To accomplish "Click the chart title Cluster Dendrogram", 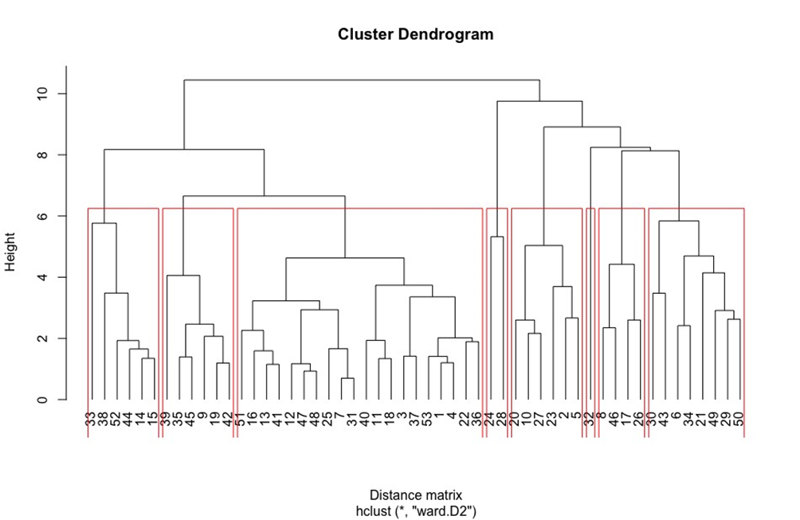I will (x=415, y=34).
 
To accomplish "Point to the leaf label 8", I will (x=602, y=420).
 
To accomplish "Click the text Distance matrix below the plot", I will (x=415, y=495).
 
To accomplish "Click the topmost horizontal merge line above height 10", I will (x=362, y=80).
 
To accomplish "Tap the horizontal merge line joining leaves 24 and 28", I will (x=496, y=237).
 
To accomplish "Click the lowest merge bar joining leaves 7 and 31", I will (x=347, y=378).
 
